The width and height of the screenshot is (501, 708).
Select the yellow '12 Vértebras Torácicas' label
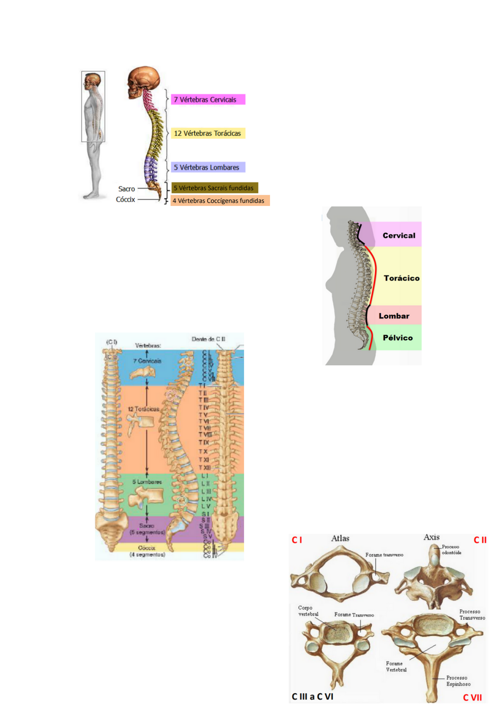[x=207, y=133]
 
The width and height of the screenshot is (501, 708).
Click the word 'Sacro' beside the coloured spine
[x=127, y=189]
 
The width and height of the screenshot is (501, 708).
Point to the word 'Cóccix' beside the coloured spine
[x=125, y=199]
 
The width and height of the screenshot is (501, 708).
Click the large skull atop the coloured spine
[x=144, y=81]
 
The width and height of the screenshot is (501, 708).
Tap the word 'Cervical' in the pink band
[x=399, y=235]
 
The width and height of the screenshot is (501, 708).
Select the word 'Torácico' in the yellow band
[x=401, y=278]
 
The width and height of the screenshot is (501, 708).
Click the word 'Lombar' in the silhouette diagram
[x=394, y=316]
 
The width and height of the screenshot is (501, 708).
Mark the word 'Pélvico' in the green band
[x=398, y=338]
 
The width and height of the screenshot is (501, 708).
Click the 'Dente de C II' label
[x=209, y=339]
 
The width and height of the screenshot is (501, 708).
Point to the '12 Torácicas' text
[x=143, y=409]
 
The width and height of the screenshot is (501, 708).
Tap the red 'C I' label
[x=297, y=540]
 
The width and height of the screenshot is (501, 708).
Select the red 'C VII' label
[x=472, y=697]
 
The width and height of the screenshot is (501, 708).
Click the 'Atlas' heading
[x=340, y=538]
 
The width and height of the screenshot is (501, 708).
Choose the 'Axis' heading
[x=432, y=537]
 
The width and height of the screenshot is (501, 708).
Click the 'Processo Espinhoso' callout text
[x=458, y=681]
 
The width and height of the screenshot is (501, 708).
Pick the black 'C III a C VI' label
[x=313, y=696]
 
